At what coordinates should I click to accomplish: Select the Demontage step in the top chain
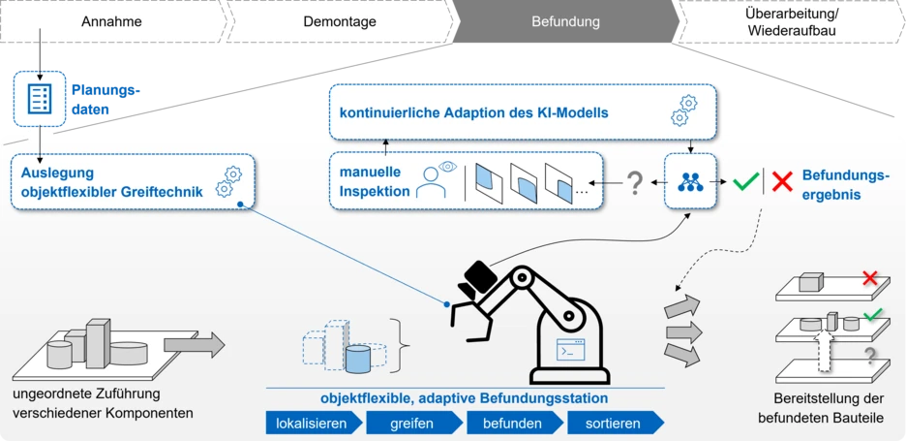click(340, 21)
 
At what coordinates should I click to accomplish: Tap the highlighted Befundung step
click(565, 21)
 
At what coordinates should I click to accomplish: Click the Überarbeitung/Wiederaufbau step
click(791, 21)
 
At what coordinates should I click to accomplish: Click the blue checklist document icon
click(40, 99)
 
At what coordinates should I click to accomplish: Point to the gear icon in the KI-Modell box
click(684, 110)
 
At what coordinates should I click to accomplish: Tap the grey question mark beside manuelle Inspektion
click(635, 181)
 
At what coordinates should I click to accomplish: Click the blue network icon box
click(690, 181)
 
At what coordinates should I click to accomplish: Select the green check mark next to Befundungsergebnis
click(744, 181)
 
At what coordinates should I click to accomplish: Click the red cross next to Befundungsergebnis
click(782, 181)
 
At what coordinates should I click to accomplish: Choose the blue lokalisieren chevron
click(313, 424)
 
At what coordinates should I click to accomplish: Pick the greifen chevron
click(411, 424)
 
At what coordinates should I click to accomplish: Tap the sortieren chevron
click(614, 424)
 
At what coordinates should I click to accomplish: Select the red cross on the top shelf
click(869, 279)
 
